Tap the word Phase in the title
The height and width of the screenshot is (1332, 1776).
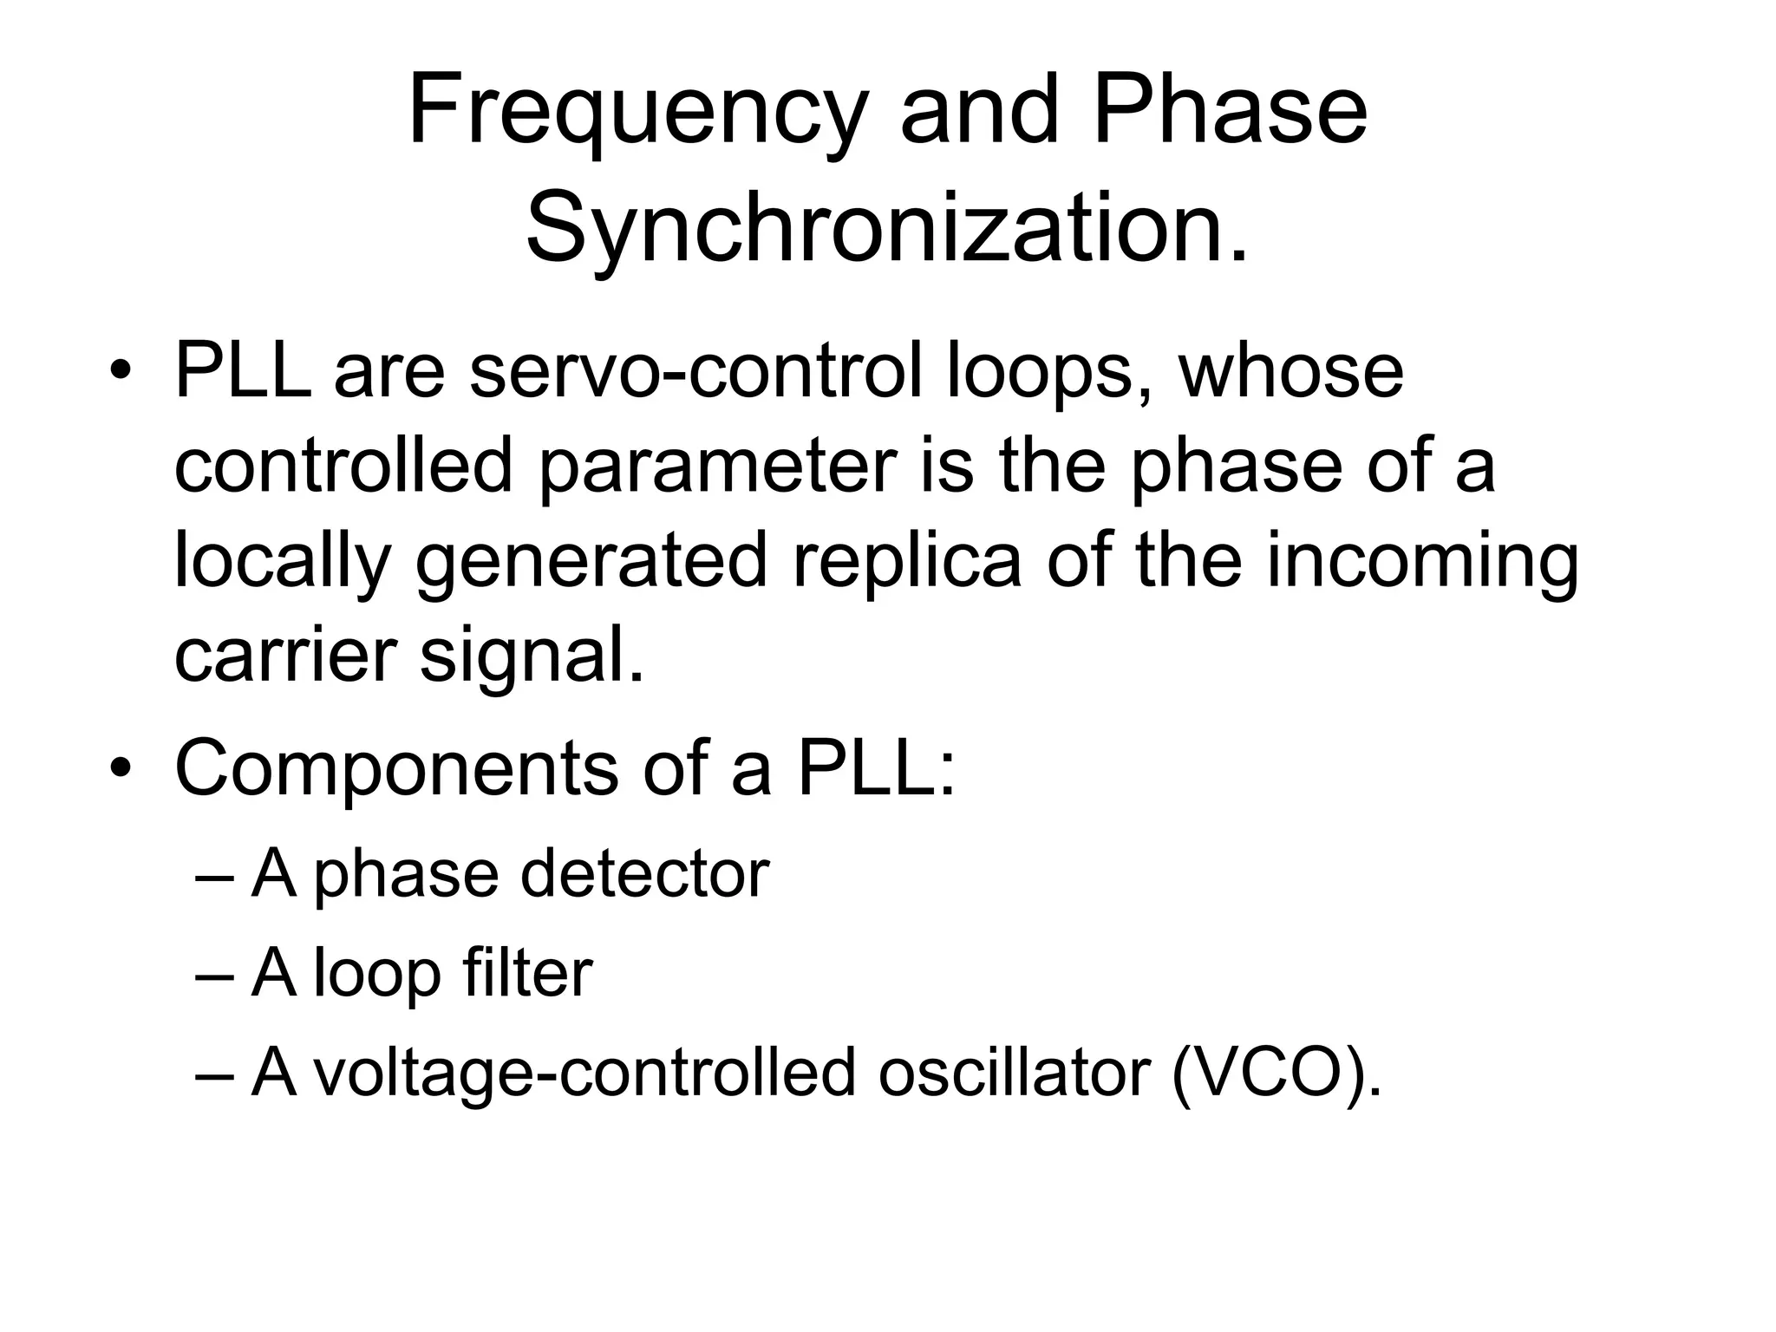pos(1230,111)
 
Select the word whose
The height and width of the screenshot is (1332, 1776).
pos(1290,372)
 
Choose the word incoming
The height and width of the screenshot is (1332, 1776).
pos(1422,563)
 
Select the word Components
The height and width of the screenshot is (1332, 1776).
pos(396,769)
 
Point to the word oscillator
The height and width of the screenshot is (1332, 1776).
pos(1014,1073)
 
